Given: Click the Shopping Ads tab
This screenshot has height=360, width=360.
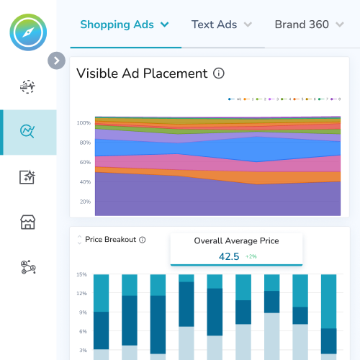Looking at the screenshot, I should (117, 24).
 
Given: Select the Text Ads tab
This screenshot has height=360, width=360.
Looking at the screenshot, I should (214, 24).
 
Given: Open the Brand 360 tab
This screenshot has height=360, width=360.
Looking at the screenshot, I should (302, 24).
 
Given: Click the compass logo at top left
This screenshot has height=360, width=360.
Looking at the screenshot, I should (28, 34).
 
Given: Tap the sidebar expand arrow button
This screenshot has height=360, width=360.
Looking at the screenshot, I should (56, 60).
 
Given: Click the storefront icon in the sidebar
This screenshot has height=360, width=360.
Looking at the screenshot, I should (28, 222).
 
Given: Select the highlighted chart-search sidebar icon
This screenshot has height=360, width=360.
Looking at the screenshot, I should (28, 132).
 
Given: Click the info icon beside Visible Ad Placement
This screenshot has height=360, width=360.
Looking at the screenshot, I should (220, 73).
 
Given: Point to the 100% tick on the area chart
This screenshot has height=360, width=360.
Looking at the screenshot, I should (84, 122).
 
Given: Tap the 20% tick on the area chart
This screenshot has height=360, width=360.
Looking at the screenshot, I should (85, 202).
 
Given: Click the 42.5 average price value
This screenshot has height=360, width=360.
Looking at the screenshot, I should (229, 256).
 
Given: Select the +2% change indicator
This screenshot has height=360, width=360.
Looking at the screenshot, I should (251, 256).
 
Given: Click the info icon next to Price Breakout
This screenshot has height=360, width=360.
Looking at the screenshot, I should (143, 240).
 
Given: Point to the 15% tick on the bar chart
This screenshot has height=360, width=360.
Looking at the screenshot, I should (82, 274).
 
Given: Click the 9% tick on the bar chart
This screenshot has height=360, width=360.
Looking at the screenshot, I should (84, 312).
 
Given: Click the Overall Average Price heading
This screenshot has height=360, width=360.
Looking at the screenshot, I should (236, 240).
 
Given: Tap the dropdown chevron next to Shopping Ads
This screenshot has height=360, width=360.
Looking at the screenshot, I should (165, 24).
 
